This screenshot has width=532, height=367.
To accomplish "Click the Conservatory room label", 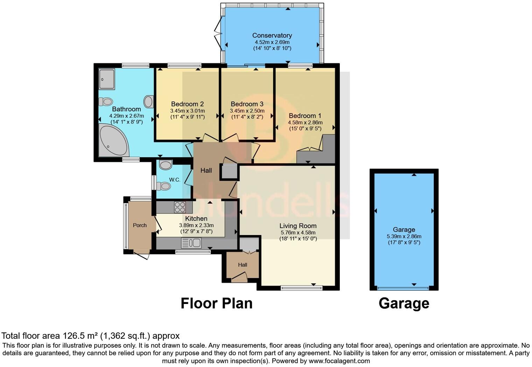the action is pos(272,35).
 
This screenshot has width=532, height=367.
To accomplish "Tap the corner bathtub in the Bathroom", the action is pos(113,140).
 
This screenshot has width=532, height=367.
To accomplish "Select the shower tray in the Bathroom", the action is pos(107,79).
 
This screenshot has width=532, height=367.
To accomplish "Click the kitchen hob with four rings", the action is pos(180,207).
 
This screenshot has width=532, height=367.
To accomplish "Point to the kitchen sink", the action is pos(191,243).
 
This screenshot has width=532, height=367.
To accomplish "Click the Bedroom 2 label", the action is pos(187,104).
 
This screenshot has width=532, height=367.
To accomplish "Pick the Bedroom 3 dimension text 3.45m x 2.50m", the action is pos(247,111).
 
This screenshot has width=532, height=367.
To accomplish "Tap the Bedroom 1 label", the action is pos(305,116).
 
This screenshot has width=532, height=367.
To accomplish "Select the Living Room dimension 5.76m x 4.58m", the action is pos(298,233).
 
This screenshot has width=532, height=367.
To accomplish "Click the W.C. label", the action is pos(175,180).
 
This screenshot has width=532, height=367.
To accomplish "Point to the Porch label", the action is pos(140,225).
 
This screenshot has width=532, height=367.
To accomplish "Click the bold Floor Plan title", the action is pos(217,304).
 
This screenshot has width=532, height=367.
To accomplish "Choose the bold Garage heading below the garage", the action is pos(404,304).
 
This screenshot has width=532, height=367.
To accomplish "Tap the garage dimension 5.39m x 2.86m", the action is pos(404,236).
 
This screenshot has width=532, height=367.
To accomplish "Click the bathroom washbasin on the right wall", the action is pos(148,102).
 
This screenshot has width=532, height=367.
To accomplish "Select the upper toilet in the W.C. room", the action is pos(166,165).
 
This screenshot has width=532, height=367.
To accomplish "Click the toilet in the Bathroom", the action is pos(106,102).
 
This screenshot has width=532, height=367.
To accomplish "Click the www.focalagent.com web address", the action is pos(339,361).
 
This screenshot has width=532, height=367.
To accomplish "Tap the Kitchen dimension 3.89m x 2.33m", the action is pos(196,225).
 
